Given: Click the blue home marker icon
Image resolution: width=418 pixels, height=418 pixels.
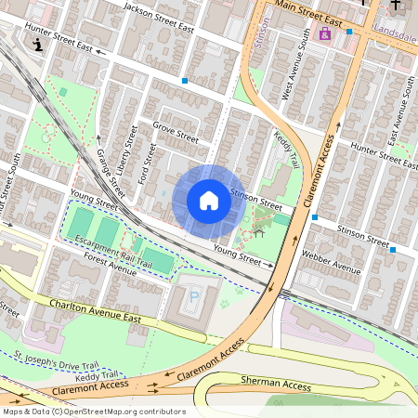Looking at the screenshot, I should tap(209, 201).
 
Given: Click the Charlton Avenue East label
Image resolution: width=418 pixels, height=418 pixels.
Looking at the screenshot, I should tap(96, 311).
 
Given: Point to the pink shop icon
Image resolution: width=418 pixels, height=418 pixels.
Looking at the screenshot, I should tap(324, 34).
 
